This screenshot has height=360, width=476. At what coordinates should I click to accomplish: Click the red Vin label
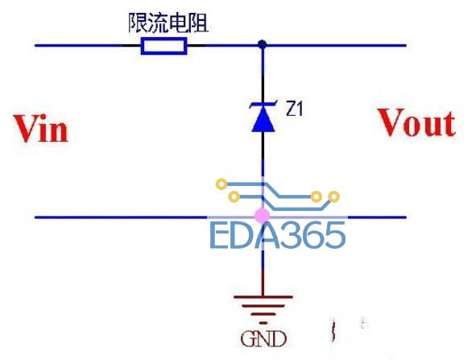pyautogui.click(x=41, y=128)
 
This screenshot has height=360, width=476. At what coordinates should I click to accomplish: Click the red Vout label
pyautogui.click(x=416, y=122)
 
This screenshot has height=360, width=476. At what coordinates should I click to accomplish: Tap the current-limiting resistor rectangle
pyautogui.click(x=164, y=46)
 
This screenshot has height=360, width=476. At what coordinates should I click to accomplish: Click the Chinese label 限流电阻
pyautogui.click(x=168, y=23)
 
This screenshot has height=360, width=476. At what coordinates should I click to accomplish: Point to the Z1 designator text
pyautogui.click(x=294, y=109)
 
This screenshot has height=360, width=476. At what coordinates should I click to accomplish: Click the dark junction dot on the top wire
pyautogui.click(x=263, y=44)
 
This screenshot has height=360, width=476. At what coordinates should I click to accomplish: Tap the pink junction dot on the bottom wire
pyautogui.click(x=262, y=216)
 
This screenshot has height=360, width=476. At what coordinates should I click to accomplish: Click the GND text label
pyautogui.click(x=263, y=339)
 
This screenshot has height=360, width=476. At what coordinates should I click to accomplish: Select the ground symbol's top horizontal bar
pyautogui.click(x=263, y=297)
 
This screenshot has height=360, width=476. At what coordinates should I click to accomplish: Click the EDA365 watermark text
pyautogui.click(x=277, y=235)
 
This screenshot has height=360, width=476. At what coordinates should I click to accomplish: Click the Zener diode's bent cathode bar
pyautogui.click(x=263, y=106)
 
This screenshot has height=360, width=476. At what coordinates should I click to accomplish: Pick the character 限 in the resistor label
pyautogui.click(x=138, y=23)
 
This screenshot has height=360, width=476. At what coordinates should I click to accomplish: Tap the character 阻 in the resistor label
pyautogui.click(x=199, y=23)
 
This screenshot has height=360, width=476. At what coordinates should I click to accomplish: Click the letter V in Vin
pyautogui.click(x=27, y=128)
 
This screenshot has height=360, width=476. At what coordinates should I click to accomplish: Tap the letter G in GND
pyautogui.click(x=248, y=339)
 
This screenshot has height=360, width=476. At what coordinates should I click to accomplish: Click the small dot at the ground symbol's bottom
pyautogui.click(x=263, y=323)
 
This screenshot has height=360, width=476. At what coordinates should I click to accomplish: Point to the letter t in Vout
pyautogui.click(x=449, y=124)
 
